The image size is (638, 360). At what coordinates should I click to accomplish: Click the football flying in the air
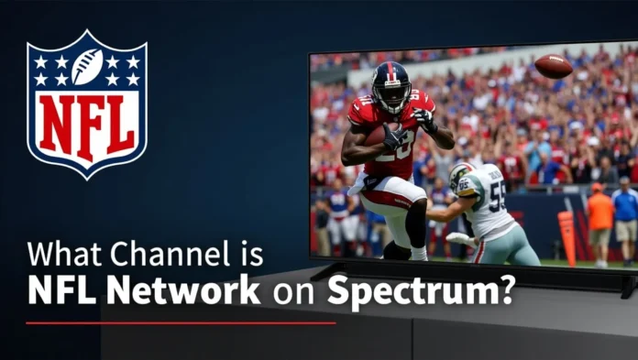[x=554, y=66]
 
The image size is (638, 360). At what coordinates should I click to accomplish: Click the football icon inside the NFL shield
[x=87, y=66]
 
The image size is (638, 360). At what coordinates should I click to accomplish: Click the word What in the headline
[x=58, y=255]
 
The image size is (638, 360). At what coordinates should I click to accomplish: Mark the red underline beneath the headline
[x=181, y=322]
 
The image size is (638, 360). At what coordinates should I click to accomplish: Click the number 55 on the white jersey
[x=497, y=194]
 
